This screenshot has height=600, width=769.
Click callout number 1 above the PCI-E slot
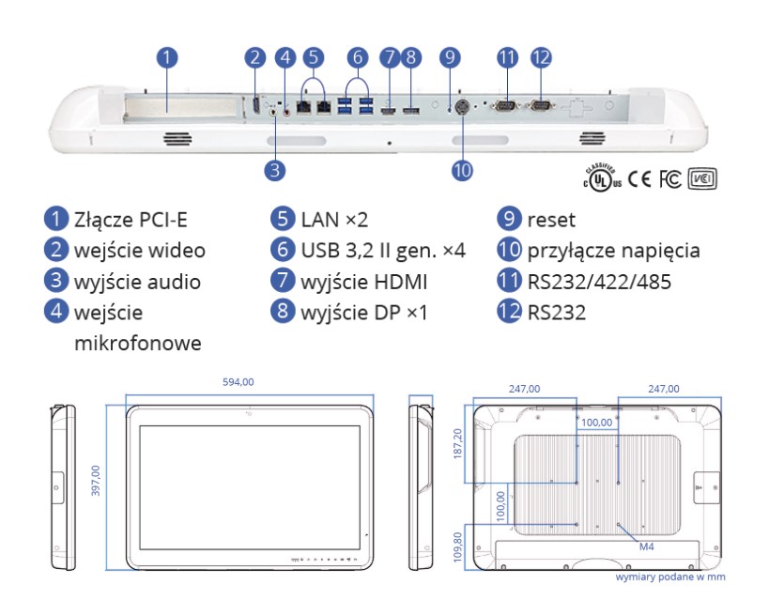point(165,56)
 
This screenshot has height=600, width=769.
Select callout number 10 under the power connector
point(462,170)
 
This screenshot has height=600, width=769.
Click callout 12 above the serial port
point(540,56)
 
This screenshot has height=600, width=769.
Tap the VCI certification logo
point(703,177)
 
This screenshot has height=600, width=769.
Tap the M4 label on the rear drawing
point(646,546)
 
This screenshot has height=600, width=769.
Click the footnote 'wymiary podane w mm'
point(669,577)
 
